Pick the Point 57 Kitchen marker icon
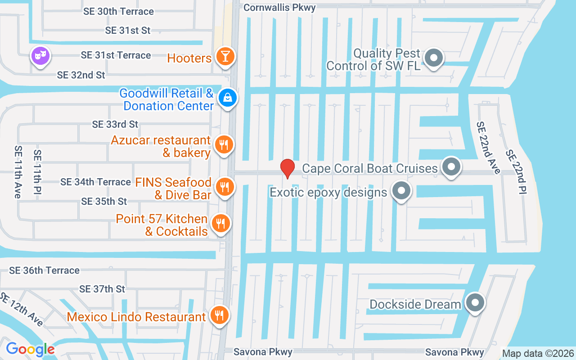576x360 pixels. point(220,223)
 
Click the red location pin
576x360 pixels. point(287,168)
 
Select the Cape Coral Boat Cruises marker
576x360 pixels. point(451,167)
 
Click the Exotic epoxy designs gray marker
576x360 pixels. point(401,191)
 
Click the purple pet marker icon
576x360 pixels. point(40,56)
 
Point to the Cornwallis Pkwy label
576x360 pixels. point(279,8)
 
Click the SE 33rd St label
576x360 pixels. point(115,124)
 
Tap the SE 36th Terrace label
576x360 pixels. point(45,270)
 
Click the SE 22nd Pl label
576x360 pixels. point(516,172)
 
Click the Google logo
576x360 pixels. point(30,349)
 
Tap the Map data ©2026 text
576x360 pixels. point(538,353)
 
